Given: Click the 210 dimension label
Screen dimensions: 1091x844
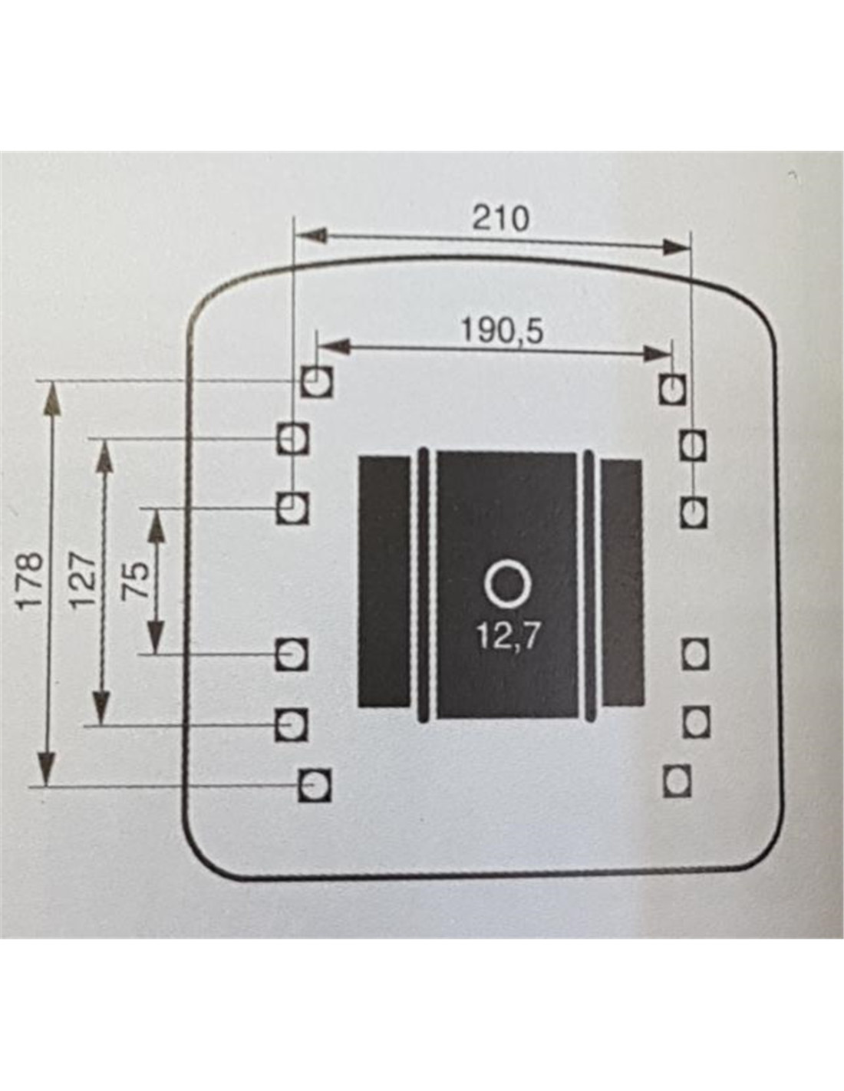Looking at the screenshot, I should point(499,219).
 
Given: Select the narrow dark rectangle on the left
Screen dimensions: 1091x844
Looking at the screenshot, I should point(384,582).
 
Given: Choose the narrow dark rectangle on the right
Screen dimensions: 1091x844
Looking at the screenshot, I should point(621,582).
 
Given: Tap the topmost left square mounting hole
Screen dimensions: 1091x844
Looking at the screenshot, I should point(317,381).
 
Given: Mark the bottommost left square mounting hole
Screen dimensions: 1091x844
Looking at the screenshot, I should point(314,785).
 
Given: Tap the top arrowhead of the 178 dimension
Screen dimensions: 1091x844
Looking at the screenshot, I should point(49,396).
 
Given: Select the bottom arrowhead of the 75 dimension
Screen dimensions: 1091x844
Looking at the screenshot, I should point(156,638).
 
